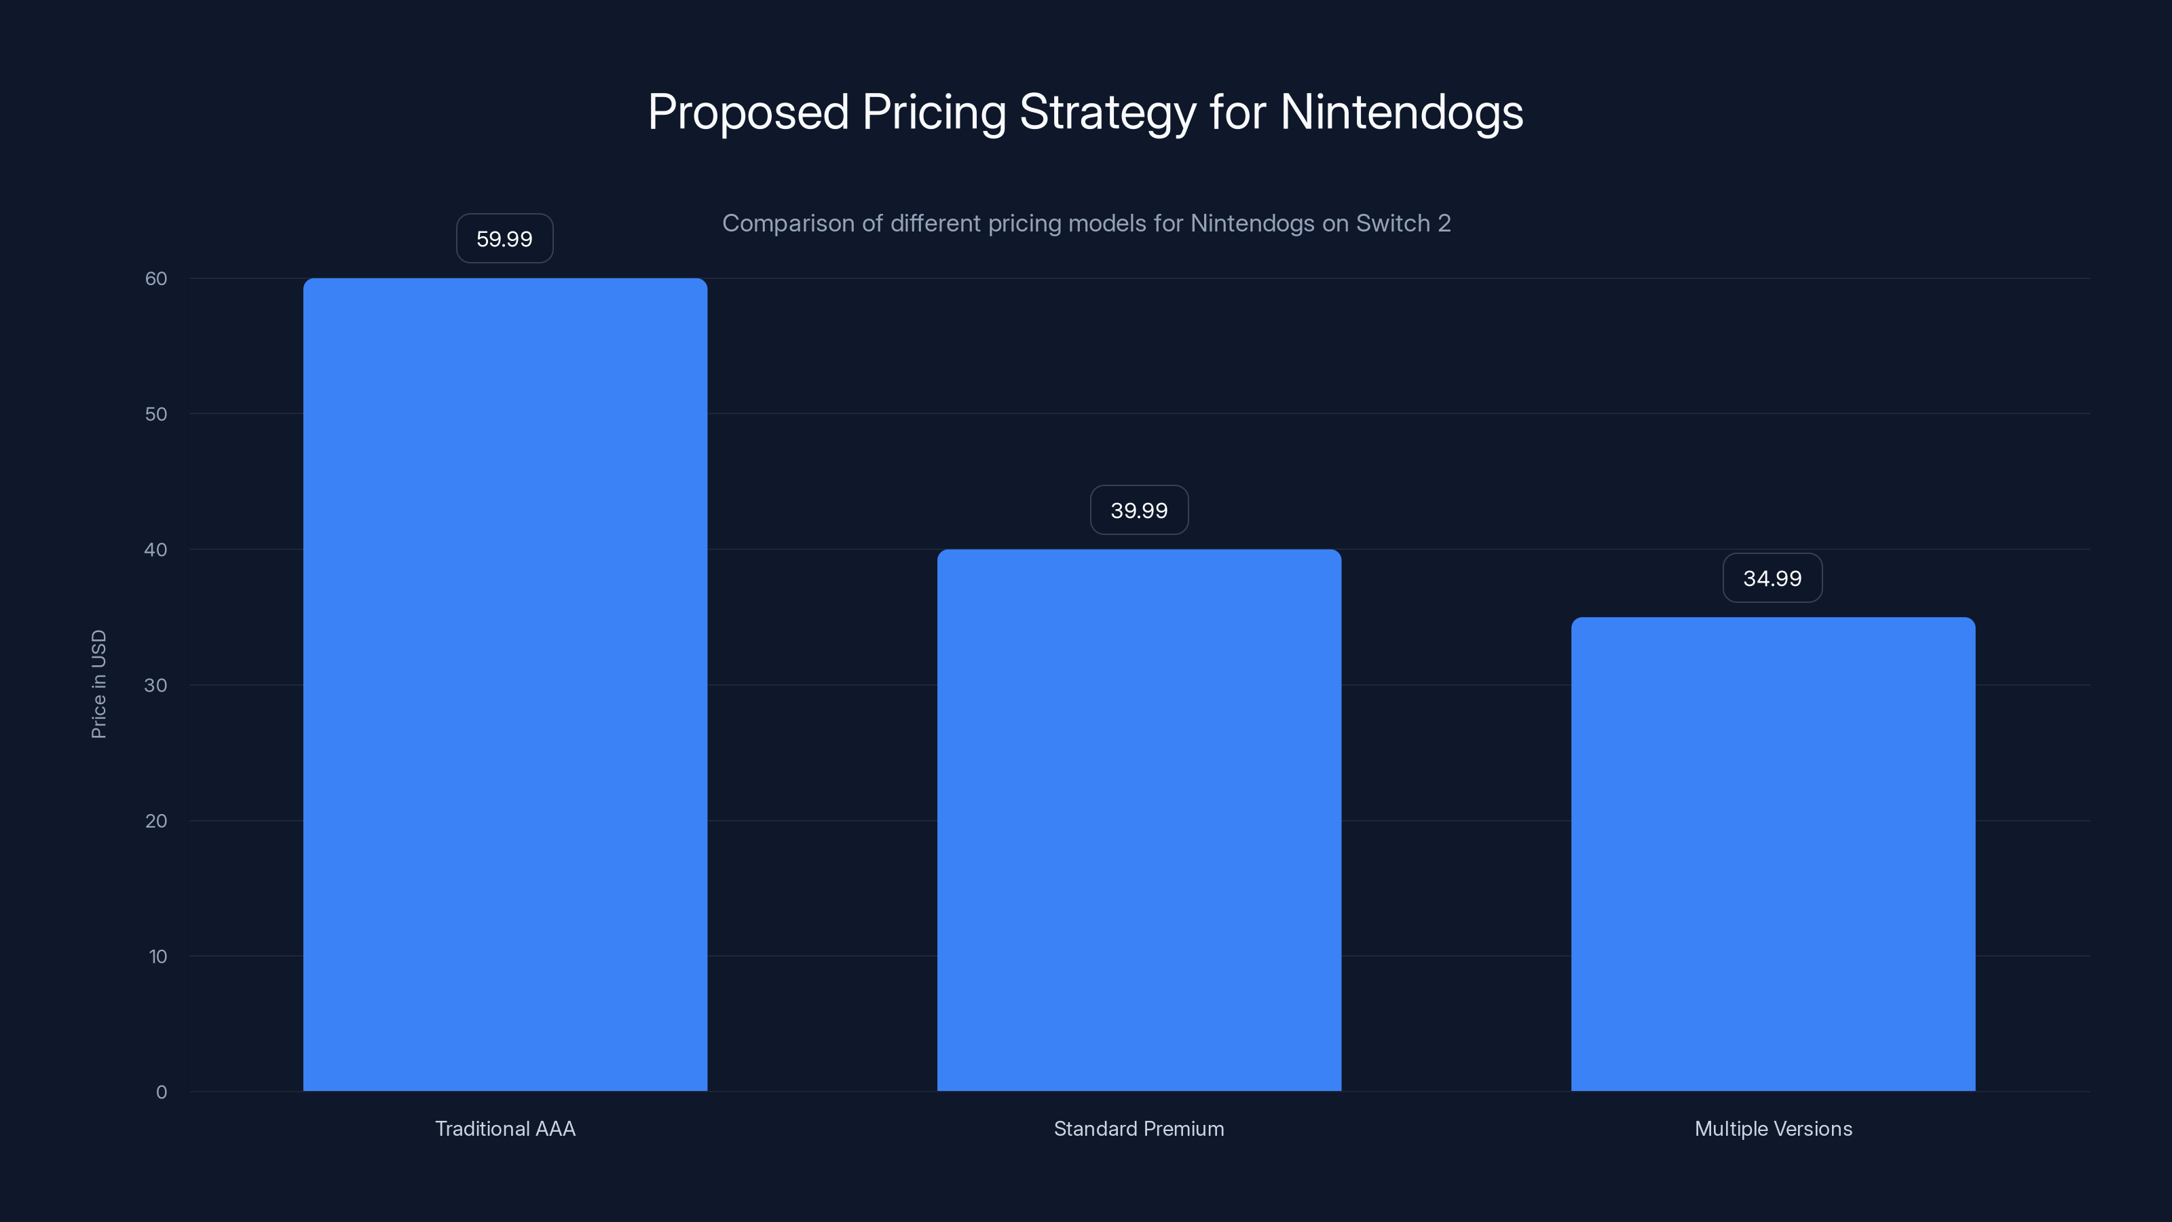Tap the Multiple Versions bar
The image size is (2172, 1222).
[1773, 853]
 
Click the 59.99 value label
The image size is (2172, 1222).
[504, 239]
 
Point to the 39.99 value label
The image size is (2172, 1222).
[1139, 511]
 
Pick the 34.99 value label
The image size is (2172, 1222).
[1772, 578]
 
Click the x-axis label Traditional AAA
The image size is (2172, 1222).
[505, 1128]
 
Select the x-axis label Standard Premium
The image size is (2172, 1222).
[1139, 1128]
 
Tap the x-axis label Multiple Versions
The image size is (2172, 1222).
[1773, 1128]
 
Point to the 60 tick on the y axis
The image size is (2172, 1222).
[156, 278]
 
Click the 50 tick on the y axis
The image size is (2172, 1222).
[156, 414]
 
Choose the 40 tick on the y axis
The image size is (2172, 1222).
[156, 550]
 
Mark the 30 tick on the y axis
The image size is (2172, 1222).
[156, 685]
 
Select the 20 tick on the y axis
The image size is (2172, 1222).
[156, 821]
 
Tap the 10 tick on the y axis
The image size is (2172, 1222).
[157, 957]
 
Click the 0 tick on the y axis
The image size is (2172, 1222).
[161, 1092]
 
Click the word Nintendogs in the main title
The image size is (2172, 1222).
[1402, 112]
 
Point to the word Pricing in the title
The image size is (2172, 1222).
[933, 112]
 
